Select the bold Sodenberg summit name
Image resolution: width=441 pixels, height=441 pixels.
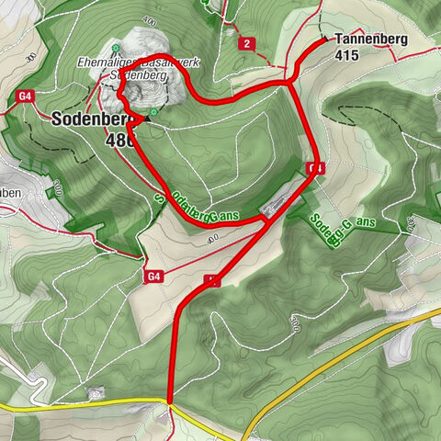point(88,120)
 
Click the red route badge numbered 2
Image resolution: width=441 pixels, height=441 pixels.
point(245,43)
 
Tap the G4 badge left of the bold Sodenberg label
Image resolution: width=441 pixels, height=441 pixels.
point(24,95)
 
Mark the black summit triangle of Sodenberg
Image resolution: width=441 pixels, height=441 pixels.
point(147,119)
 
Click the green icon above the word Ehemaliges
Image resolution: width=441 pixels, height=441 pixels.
point(115,49)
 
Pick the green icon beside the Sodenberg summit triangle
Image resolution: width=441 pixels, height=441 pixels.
point(155,112)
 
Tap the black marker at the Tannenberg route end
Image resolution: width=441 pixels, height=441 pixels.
point(322,40)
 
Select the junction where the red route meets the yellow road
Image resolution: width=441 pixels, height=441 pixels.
point(170,402)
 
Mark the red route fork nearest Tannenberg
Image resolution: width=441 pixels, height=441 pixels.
point(288,84)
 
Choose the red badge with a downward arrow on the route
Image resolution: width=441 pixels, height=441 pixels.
point(315,168)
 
